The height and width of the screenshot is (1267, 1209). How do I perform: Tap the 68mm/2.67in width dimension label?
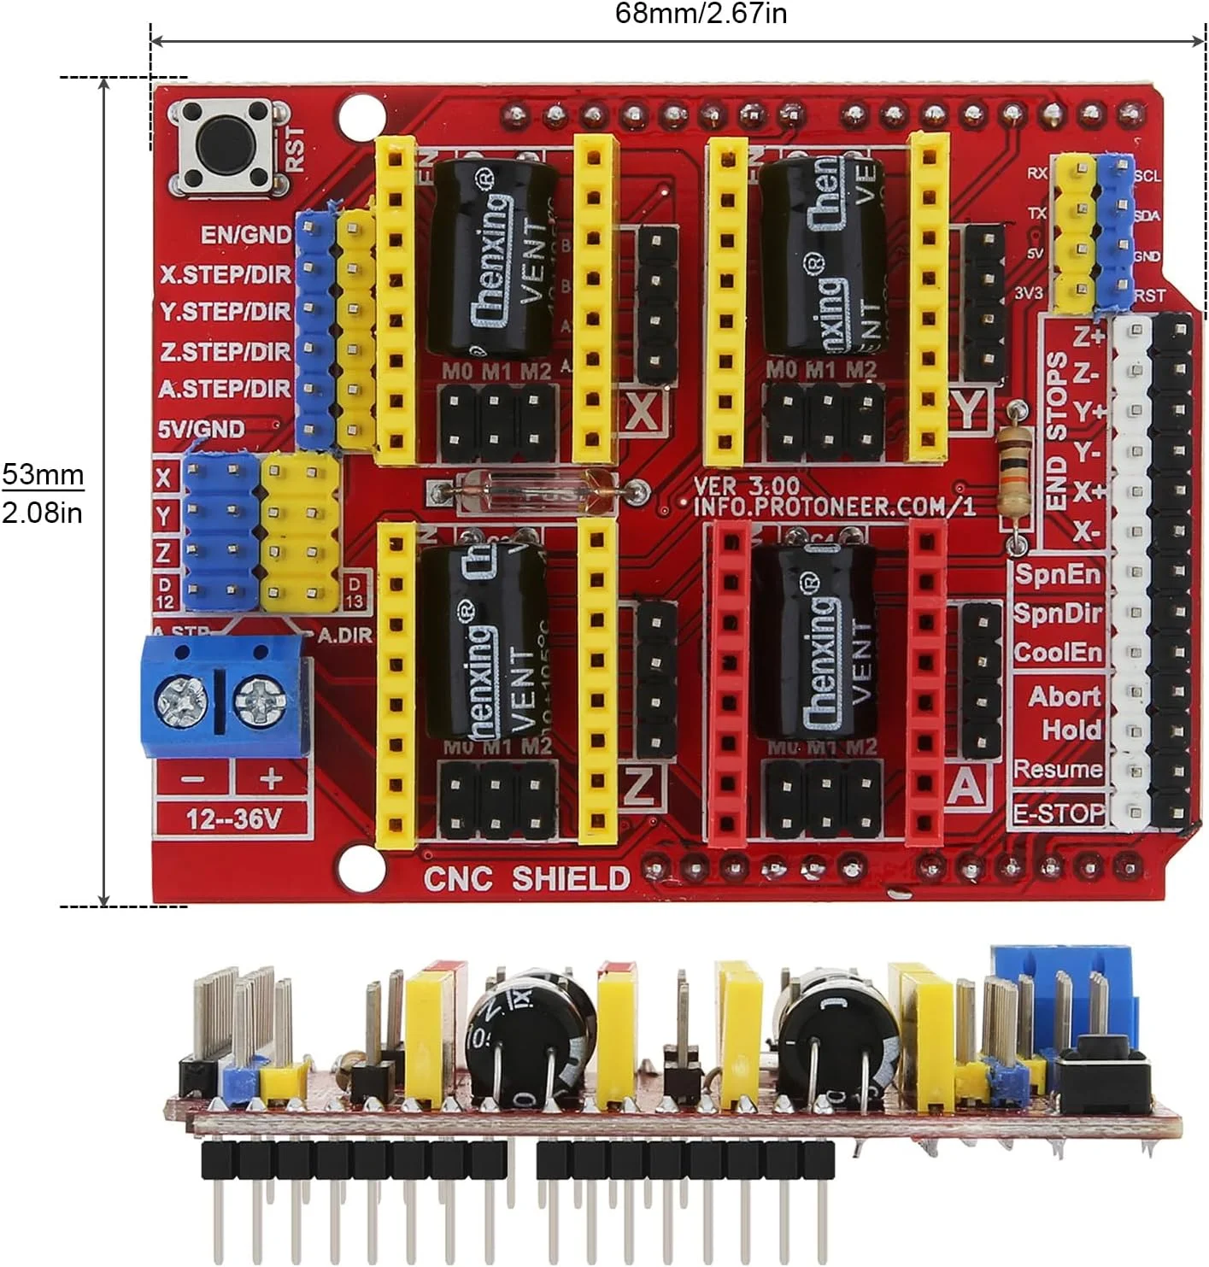[701, 14]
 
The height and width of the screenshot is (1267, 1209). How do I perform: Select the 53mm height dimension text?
[43, 474]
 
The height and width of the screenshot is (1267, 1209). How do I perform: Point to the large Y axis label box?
[967, 410]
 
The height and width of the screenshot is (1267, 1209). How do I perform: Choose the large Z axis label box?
[640, 786]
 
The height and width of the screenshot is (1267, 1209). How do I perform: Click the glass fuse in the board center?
[537, 492]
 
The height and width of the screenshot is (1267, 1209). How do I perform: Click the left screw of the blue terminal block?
[181, 702]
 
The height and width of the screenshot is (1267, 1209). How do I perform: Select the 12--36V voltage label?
[233, 819]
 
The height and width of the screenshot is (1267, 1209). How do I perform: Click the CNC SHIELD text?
[526, 878]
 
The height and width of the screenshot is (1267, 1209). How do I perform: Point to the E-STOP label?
[1058, 812]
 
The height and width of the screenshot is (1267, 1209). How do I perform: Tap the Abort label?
[1064, 696]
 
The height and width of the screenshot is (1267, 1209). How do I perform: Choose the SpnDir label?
[1058, 613]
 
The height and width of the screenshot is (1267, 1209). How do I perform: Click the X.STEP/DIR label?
[225, 274]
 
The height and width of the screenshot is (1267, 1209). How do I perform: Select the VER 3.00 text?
[746, 486]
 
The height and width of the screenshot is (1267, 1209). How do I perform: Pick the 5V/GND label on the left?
[201, 429]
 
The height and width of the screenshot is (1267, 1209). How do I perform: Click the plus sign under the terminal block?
[271, 778]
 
